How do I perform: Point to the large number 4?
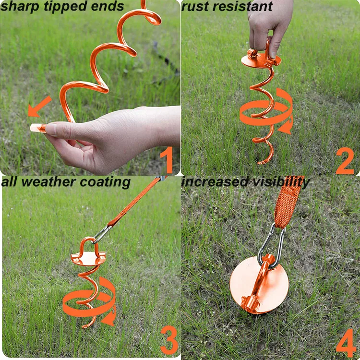(x=346, y=343)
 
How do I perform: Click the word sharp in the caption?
(x=17, y=7)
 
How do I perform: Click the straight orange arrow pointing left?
(x=39, y=106)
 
